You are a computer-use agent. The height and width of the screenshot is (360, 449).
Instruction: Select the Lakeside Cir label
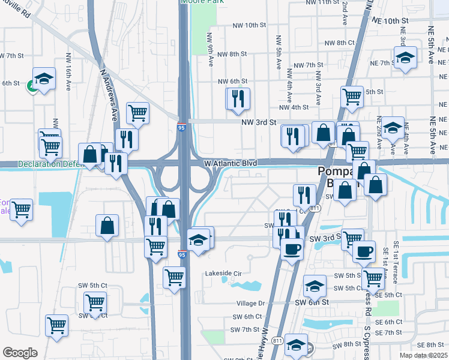tap(223, 273)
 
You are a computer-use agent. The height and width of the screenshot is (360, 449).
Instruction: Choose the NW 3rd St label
tap(258, 122)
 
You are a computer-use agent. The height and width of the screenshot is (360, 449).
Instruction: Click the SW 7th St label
tap(244, 329)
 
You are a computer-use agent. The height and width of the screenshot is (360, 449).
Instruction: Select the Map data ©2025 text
tap(423, 355)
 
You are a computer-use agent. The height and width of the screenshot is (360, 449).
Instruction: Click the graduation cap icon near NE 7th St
tap(406, 58)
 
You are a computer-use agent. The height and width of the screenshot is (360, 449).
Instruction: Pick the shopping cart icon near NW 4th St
tap(352, 95)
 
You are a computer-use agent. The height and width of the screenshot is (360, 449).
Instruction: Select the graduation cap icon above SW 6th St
tap(315, 286)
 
